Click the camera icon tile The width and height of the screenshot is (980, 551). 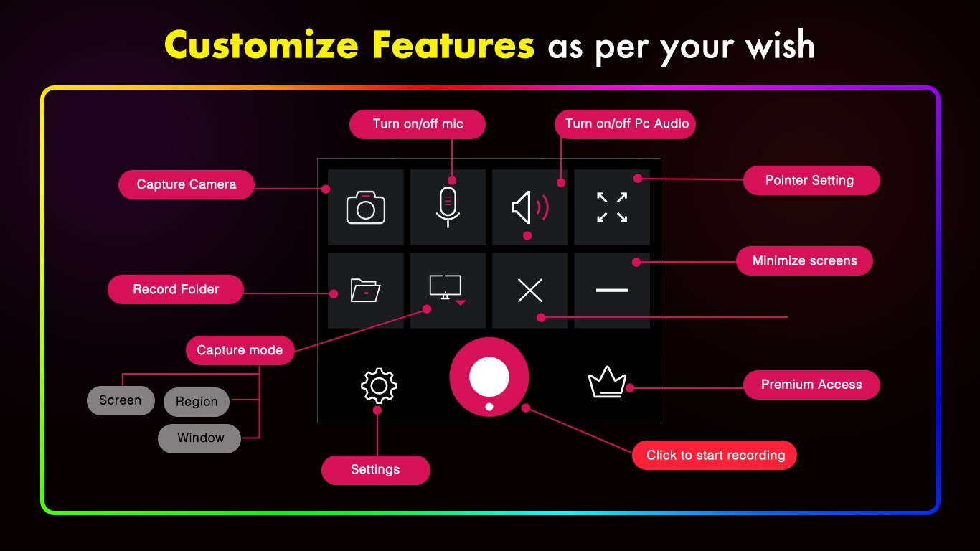click(x=366, y=207)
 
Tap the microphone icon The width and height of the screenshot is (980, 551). click(x=448, y=207)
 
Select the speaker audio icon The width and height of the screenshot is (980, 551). click(x=529, y=207)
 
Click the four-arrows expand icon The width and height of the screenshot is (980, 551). click(x=612, y=207)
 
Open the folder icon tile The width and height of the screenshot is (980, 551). click(x=366, y=290)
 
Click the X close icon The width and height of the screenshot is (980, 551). click(x=529, y=290)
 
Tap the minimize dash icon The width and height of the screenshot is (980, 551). click(x=612, y=290)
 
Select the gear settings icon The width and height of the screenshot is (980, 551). click(x=379, y=386)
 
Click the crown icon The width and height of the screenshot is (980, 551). click(x=607, y=383)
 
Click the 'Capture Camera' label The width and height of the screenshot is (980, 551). click(x=187, y=184)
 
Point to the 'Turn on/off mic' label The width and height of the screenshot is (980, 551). click(x=418, y=124)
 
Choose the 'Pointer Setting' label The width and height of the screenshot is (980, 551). click(x=811, y=180)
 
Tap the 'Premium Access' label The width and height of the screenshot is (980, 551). click(x=811, y=385)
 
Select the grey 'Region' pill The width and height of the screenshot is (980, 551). click(x=197, y=402)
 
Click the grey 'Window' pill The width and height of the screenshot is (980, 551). click(x=200, y=438)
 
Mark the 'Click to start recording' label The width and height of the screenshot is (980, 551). click(x=715, y=455)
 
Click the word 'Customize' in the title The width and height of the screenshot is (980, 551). click(x=261, y=46)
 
